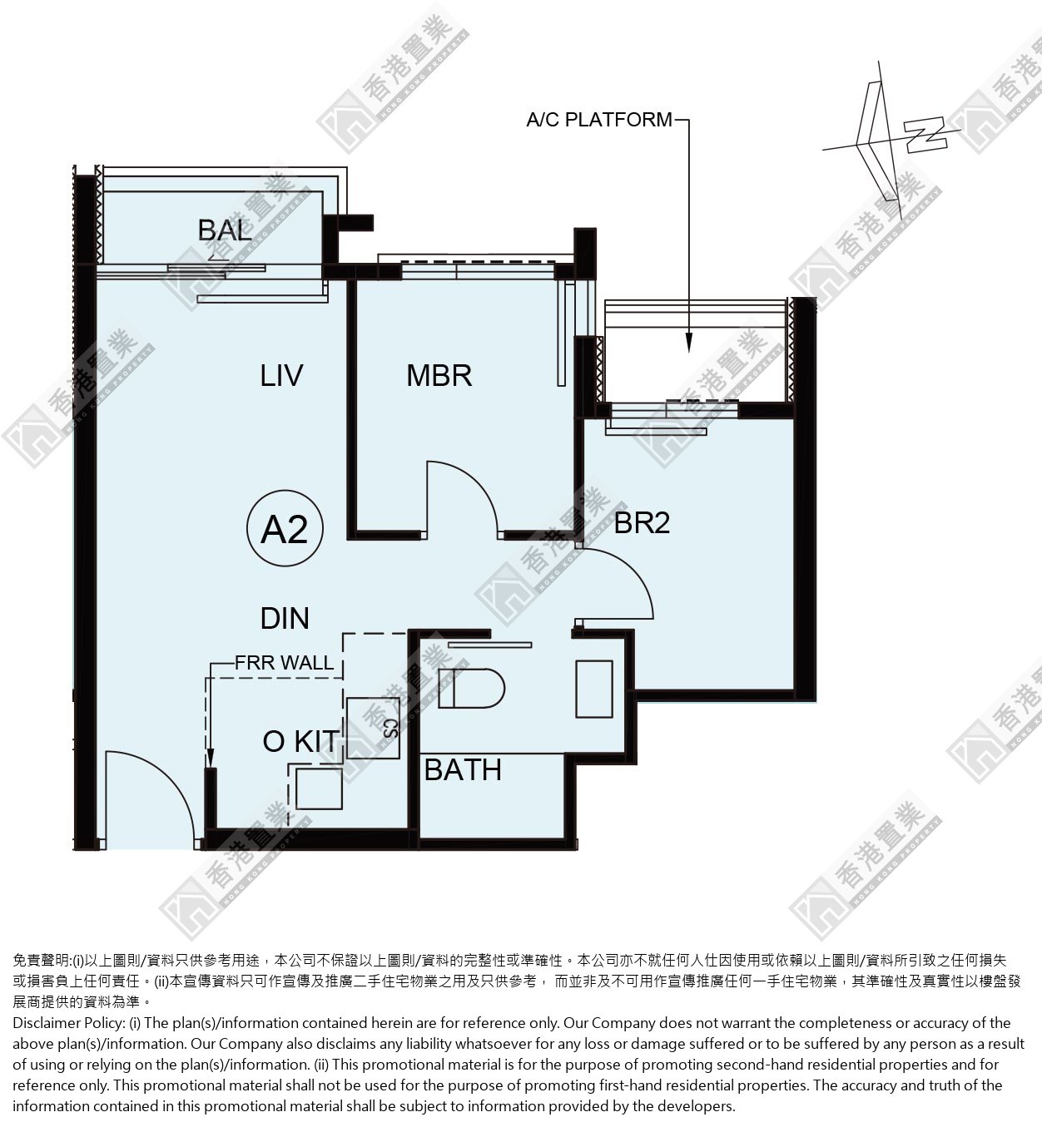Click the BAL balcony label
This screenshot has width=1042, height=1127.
click(225, 230)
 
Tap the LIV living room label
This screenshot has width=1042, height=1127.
click(281, 376)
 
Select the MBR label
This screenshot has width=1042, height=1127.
click(439, 376)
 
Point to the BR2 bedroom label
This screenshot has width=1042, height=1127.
click(642, 522)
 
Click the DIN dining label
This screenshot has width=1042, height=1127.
click(285, 619)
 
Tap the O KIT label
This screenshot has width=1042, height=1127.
click(301, 741)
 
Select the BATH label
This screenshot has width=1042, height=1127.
click(463, 770)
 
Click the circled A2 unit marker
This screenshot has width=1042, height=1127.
click(285, 528)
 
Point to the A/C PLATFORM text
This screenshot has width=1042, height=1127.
click(599, 120)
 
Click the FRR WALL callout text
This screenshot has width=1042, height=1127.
click(284, 663)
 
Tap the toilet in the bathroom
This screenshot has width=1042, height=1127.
click(471, 689)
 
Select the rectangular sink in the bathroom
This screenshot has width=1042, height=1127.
click(594, 689)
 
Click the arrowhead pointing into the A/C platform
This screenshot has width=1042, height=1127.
click(689, 342)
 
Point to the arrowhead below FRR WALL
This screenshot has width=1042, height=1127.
click(210, 759)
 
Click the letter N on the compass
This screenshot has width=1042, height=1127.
click(925, 135)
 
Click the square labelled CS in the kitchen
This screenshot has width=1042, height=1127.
click(373, 728)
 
